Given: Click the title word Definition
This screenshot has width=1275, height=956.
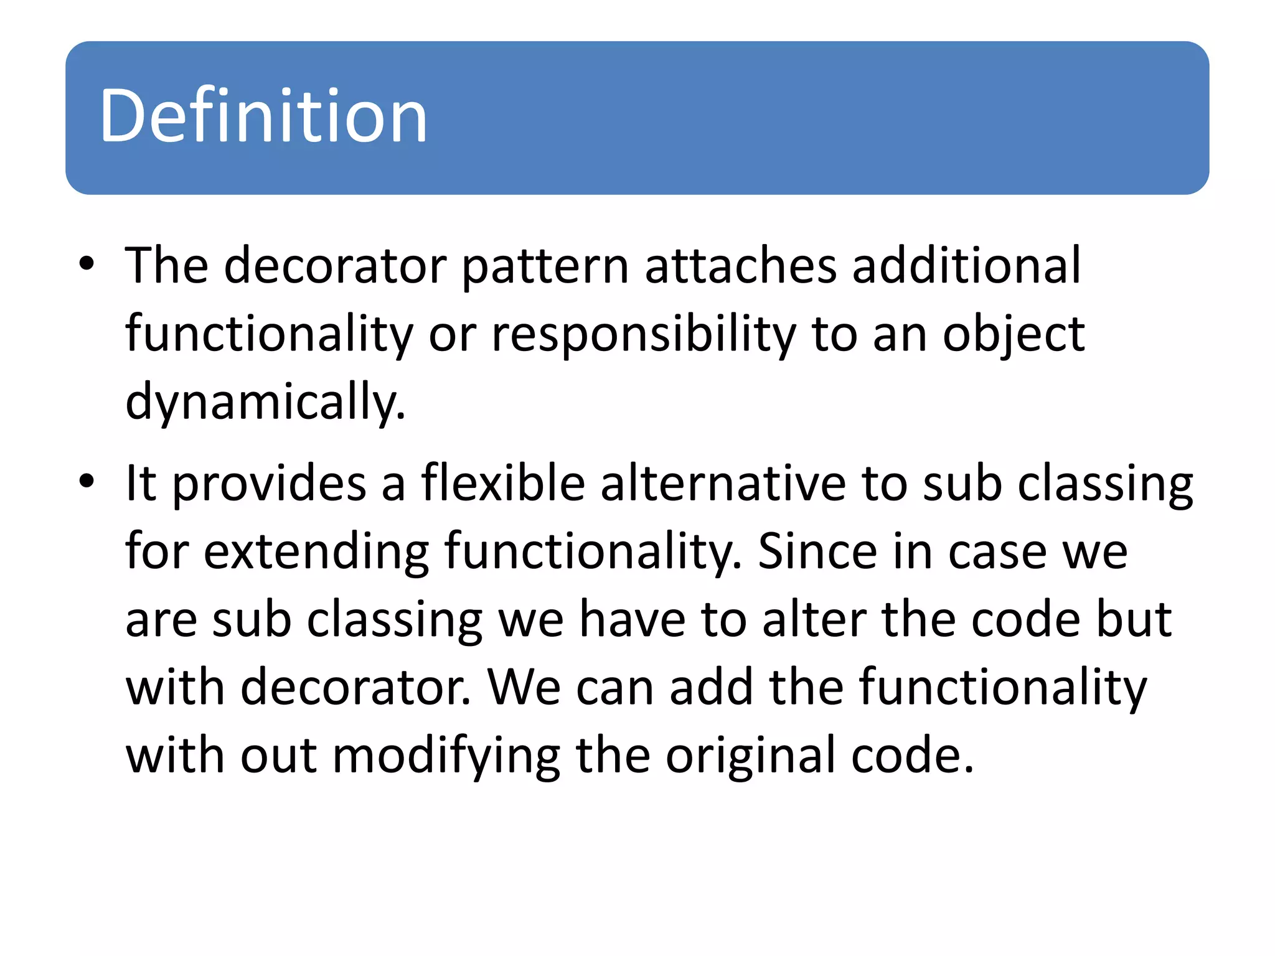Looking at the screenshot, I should [263, 116].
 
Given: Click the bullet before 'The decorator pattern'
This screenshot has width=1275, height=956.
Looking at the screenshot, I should [87, 263].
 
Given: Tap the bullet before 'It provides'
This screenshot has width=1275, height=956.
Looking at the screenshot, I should [87, 481].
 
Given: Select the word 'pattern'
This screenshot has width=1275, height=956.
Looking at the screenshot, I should [545, 267].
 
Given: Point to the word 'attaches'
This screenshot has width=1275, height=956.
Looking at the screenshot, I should [741, 266].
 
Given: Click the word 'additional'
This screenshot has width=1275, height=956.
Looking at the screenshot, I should [967, 266].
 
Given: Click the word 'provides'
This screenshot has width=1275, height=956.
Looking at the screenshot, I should [269, 484].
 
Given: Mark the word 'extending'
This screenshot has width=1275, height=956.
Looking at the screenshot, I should [316, 553].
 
